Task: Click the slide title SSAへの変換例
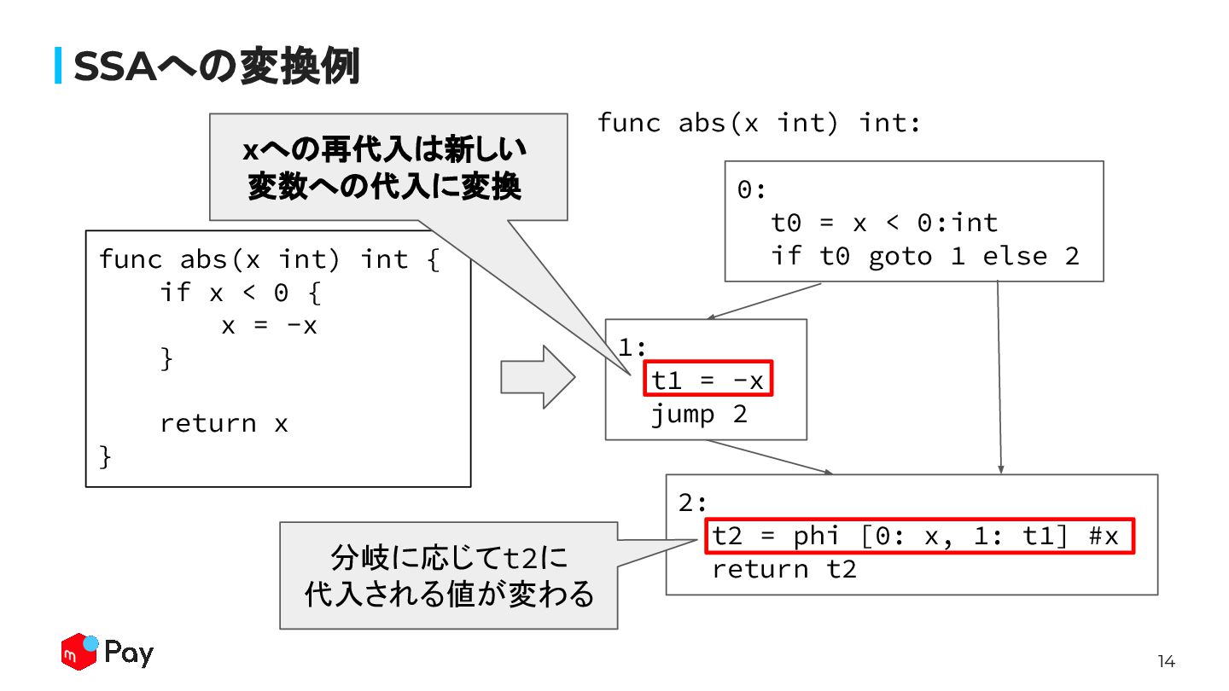216,67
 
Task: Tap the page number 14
1166,661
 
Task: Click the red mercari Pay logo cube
79,653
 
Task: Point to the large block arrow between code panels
537,376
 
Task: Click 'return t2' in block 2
783,569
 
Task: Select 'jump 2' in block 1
699,415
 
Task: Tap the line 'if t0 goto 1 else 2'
925,255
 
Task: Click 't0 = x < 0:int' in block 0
884,223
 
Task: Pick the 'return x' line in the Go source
224,423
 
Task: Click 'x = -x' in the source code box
269,325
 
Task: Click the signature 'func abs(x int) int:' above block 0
759,123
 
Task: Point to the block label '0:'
751,189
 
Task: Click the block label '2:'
694,502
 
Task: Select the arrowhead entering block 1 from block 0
712,317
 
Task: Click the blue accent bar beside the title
58,66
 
